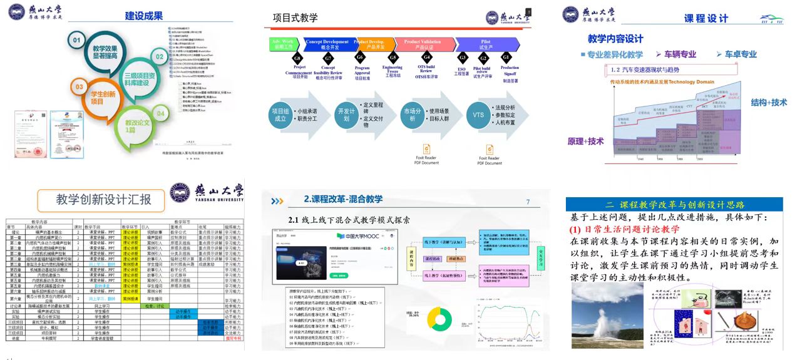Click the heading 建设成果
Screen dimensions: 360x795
pos(144,16)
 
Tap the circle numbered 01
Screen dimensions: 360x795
pos(77,42)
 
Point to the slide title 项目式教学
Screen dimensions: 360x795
pos(295,18)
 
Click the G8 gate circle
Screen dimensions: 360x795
pos(297,58)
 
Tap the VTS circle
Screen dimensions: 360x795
pos(478,115)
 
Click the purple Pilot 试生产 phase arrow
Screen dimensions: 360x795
pos(485,44)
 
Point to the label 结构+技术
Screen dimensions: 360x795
pos(769,103)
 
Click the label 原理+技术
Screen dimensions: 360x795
pos(585,141)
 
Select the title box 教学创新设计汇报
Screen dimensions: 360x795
pos(103,200)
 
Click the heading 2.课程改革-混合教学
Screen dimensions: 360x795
pos(343,199)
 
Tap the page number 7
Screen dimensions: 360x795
pos(528,202)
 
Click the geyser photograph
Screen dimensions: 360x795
pos(607,315)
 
